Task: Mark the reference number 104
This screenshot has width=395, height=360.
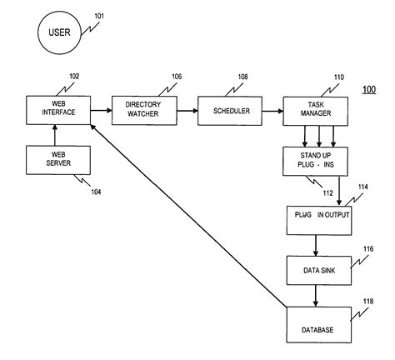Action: (x=97, y=191)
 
